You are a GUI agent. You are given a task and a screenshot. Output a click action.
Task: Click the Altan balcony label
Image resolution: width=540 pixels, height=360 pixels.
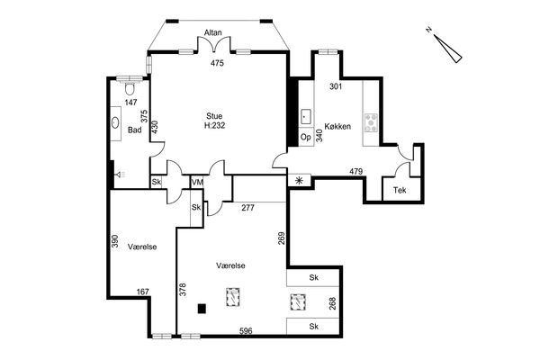(x=212, y=32)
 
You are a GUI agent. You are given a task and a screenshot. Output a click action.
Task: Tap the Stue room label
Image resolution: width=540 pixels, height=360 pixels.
(x=214, y=116)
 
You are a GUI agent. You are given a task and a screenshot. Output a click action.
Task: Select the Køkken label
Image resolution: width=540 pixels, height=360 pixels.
(x=337, y=126)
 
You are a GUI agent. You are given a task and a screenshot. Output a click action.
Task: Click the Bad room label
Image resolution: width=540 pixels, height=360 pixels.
(x=134, y=130)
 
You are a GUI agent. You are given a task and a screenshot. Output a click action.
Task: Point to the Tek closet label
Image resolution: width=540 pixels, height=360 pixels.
(x=400, y=190)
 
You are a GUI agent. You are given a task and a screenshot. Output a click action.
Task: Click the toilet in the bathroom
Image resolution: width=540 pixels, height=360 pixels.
(x=130, y=88)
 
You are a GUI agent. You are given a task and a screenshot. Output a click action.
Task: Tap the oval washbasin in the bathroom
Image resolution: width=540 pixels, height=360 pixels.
(x=115, y=122)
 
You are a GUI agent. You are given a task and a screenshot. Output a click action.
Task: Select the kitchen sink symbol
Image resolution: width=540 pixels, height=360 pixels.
(x=306, y=117)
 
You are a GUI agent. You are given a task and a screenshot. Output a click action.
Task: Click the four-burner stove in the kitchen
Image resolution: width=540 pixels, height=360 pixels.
(x=371, y=122)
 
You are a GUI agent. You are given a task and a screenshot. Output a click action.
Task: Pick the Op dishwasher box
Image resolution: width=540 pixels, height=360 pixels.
(x=306, y=137)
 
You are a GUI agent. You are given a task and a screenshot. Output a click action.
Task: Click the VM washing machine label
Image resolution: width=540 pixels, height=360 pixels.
(x=197, y=182)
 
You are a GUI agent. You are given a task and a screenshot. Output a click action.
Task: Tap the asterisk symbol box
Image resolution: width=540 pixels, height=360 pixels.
(x=299, y=181)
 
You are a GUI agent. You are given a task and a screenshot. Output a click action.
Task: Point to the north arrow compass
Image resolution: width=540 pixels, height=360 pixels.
(x=446, y=48)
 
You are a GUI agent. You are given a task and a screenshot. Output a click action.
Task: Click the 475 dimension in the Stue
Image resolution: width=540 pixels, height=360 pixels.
(x=217, y=63)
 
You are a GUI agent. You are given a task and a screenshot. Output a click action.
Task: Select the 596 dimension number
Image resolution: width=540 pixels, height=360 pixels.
(x=246, y=330)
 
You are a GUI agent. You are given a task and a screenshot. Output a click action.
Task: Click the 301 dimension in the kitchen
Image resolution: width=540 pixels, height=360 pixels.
(x=336, y=86)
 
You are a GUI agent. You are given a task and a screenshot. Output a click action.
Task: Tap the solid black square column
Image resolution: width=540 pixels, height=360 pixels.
(x=202, y=309)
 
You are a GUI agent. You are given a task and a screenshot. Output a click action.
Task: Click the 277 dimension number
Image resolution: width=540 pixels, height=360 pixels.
(x=248, y=207)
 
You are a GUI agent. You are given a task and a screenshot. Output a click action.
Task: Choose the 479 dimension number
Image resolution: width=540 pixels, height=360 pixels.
(x=356, y=171)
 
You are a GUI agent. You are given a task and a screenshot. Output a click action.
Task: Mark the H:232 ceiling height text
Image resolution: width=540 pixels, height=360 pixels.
(x=214, y=125)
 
